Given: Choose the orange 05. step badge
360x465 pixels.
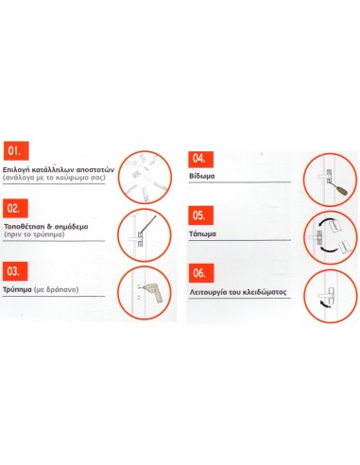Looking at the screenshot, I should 199,215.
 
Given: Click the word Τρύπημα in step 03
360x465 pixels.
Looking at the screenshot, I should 21,290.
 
